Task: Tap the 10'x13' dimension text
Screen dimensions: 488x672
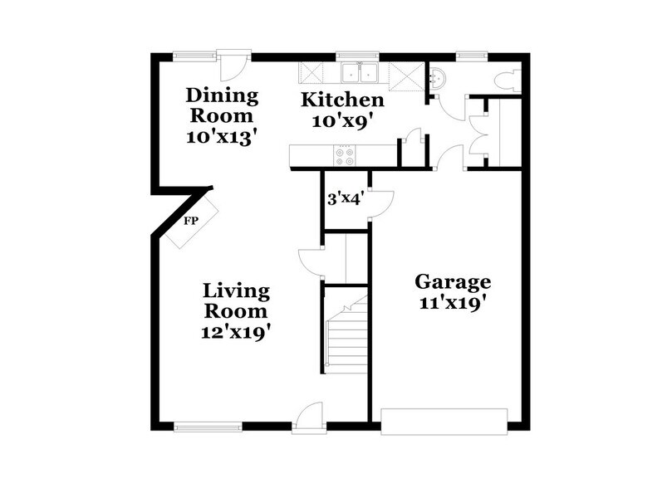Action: (x=220, y=136)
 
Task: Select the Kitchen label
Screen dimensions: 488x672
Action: (x=342, y=100)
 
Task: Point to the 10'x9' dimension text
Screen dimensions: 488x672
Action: (x=341, y=120)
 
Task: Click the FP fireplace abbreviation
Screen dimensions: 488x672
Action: (x=191, y=222)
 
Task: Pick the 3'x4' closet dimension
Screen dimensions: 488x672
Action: (x=345, y=198)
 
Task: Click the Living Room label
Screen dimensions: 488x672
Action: (x=237, y=301)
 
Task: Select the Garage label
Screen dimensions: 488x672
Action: (x=453, y=281)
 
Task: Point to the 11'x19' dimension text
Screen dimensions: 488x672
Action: (x=452, y=302)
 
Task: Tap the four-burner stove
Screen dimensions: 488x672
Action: (x=344, y=154)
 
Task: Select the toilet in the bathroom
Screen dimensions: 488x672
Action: (x=504, y=81)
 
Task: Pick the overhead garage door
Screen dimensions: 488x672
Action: (x=444, y=420)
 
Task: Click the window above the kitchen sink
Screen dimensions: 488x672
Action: (x=358, y=56)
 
